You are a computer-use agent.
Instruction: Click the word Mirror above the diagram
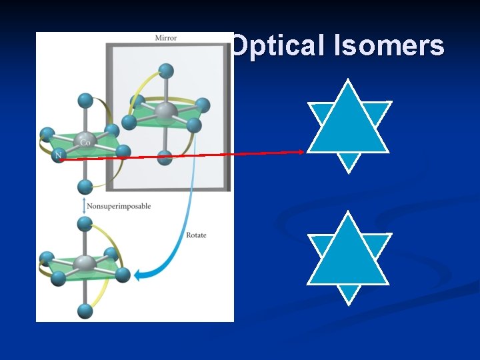[166, 38]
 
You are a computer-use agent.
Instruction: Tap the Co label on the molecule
[85, 142]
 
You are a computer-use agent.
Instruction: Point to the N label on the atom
[59, 156]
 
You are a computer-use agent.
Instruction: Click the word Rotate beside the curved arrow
[195, 235]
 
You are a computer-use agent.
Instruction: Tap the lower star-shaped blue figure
[347, 257]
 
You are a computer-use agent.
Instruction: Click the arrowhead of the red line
[301, 152]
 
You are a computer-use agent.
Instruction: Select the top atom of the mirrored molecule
[166, 70]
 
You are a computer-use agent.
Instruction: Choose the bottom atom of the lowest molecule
[85, 310]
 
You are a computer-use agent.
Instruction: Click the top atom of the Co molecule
[85, 101]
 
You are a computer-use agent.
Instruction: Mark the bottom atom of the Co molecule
[85, 186]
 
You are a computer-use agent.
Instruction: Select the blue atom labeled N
[59, 156]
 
